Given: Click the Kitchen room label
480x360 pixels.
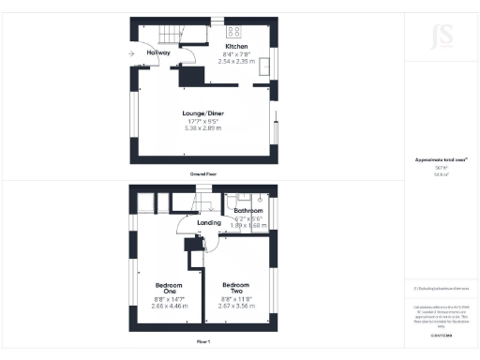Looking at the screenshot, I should point(236,46).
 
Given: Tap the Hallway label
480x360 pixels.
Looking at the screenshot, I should point(159,52).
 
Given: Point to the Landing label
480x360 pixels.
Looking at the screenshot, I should point(210,222).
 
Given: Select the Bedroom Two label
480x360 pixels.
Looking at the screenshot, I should point(235,287).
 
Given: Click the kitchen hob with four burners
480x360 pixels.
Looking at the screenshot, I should point(234,26).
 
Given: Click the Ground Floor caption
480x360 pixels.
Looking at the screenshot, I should point(203,174).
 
